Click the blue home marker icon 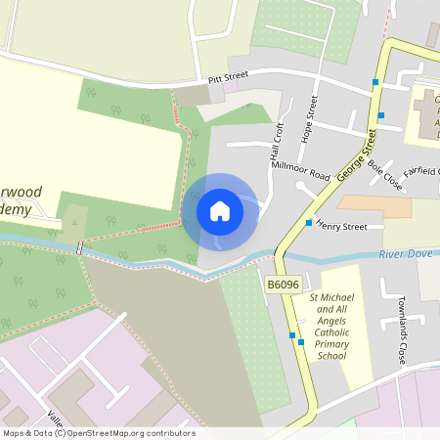pos(220,210)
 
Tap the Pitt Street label pos(229,76)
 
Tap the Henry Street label pos(341,227)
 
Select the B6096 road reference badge pos(283,284)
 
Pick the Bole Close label pos(384,174)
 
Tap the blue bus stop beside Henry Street pos(308,223)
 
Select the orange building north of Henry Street pos(374,205)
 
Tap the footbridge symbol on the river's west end pos(79,248)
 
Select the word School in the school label pos(332,356)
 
